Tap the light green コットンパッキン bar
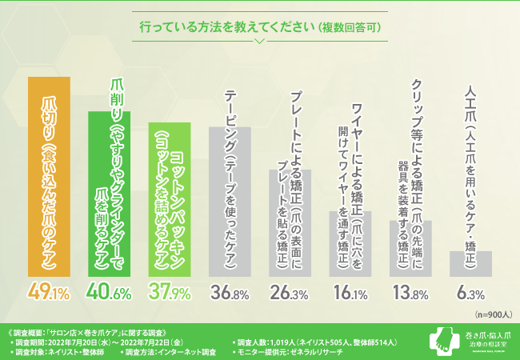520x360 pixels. [169, 200]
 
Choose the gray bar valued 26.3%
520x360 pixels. [290, 224]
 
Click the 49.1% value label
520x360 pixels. [49, 294]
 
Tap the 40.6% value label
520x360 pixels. [109, 294]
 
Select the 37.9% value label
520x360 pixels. [169, 294]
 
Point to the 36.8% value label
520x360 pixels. [230, 294]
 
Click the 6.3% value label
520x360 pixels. [470, 294]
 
